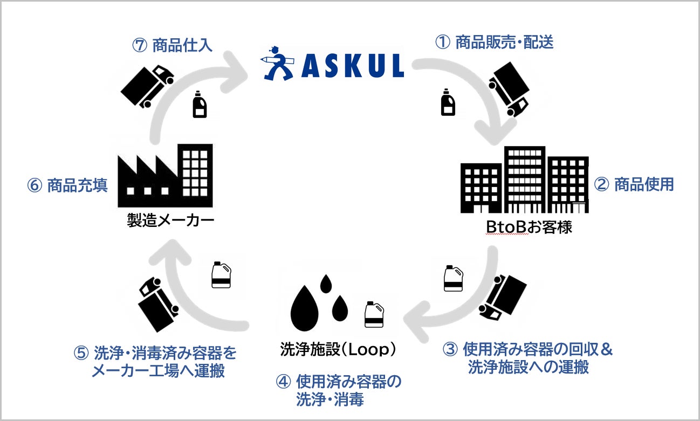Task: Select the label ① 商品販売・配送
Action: (x=495, y=43)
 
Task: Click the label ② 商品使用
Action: (x=634, y=184)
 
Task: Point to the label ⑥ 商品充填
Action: (x=67, y=185)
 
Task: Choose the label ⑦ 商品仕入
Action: (x=172, y=45)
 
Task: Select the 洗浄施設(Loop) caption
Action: (x=338, y=349)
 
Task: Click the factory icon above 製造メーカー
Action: (x=165, y=176)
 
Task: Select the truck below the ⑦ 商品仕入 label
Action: (x=147, y=85)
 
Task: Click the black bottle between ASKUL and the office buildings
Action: (x=448, y=103)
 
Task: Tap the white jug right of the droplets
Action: (x=373, y=314)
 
